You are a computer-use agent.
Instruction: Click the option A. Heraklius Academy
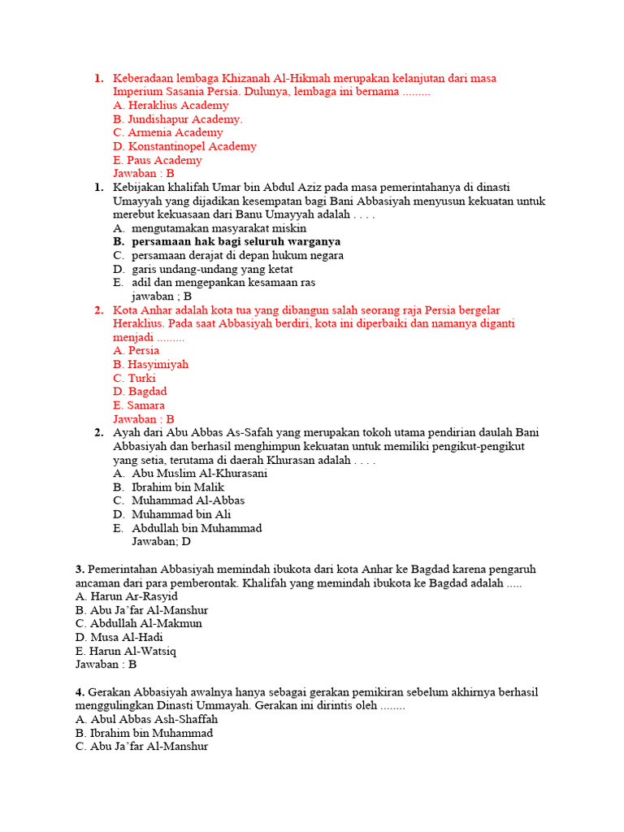pyautogui.click(x=171, y=106)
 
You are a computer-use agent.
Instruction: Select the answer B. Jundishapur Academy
pyautogui.click(x=178, y=119)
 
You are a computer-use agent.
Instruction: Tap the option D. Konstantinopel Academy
pyautogui.click(x=185, y=146)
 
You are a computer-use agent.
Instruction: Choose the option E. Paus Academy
pyautogui.click(x=158, y=160)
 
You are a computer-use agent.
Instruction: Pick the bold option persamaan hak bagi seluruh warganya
pyautogui.click(x=236, y=241)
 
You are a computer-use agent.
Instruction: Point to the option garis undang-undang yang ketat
pyautogui.click(x=212, y=269)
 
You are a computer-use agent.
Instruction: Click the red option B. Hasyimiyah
pyautogui.click(x=151, y=364)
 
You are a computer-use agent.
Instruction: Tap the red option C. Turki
pyautogui.click(x=135, y=378)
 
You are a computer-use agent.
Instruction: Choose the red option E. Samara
pyautogui.click(x=139, y=405)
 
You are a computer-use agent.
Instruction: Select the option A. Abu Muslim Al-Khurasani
pyautogui.click(x=199, y=474)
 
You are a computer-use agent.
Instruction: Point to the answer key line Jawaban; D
pyautogui.click(x=162, y=541)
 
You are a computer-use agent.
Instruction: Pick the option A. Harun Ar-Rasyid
pyautogui.click(x=126, y=596)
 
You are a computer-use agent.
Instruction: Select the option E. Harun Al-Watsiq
pyautogui.click(x=126, y=651)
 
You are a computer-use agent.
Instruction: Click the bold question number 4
pyautogui.click(x=79, y=692)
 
